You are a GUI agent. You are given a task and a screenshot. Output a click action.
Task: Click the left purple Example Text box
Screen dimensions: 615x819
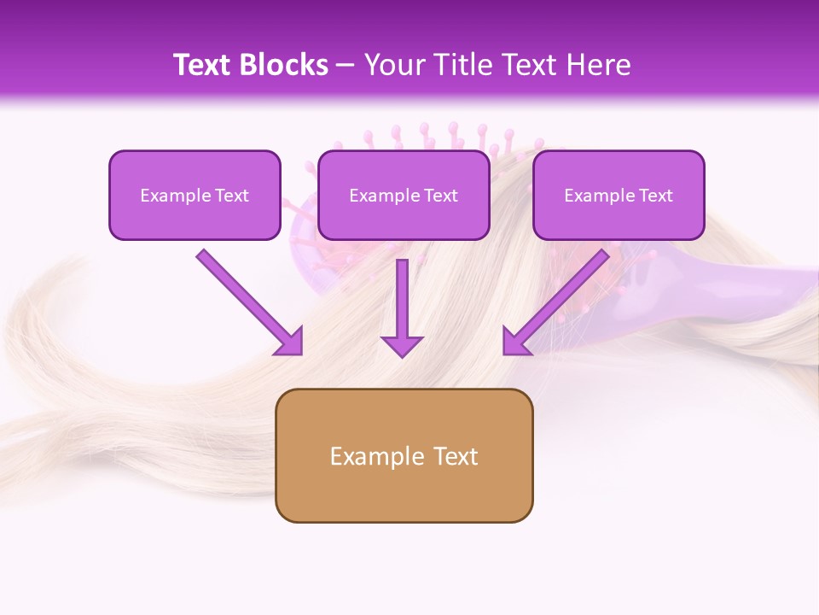[x=195, y=195]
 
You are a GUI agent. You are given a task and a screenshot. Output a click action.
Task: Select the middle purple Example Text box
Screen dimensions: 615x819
[x=404, y=195]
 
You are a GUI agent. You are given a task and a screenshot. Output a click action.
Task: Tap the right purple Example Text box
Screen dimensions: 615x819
[x=619, y=195]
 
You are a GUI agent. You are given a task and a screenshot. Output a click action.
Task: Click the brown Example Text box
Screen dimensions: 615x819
[x=404, y=455]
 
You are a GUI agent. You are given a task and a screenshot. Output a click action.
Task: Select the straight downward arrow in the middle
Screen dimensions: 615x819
[x=402, y=307]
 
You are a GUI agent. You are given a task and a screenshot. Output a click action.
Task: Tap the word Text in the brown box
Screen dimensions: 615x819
[x=456, y=456]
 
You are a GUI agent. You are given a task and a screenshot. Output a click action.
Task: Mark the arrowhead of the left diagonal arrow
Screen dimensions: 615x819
[x=290, y=342]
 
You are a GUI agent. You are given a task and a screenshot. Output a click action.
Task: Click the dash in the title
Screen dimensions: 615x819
[x=346, y=66]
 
